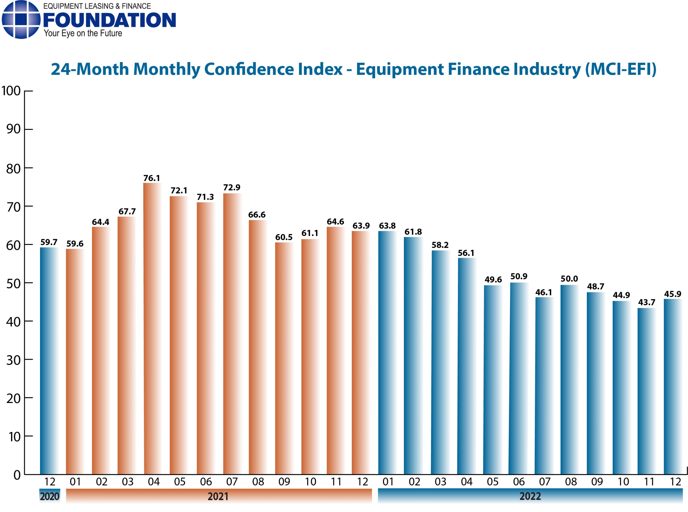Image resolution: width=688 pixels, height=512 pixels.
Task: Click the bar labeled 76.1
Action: click(152, 329)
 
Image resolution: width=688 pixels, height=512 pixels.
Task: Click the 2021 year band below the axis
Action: click(218, 496)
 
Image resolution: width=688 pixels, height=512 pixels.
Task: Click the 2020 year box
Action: click(50, 496)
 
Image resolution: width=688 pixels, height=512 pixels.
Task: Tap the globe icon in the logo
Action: click(21, 20)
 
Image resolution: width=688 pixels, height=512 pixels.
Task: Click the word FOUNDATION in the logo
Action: click(109, 20)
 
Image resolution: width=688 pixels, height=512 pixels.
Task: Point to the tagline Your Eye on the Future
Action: click(83, 34)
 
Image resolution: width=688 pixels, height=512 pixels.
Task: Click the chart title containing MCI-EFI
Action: click(353, 69)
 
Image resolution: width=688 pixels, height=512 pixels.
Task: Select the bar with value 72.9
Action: click(232, 335)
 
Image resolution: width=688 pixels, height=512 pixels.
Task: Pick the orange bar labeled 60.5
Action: click(284, 360)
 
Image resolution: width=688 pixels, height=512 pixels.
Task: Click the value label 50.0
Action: click(569, 279)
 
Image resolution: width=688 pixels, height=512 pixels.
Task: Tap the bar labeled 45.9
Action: click(672, 387)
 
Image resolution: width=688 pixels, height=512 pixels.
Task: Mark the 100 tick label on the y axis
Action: click(11, 91)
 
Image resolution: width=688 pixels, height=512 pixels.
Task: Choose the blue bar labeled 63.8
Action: click(387, 353)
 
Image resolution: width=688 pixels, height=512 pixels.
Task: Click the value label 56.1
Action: click(466, 253)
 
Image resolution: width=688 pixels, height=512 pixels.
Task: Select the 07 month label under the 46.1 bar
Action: click(544, 482)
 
